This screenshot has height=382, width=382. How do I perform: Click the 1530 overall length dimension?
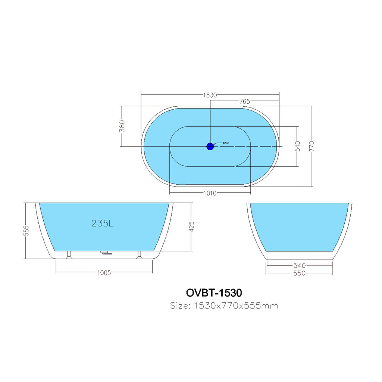(210, 95)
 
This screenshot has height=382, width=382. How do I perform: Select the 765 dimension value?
(245, 101)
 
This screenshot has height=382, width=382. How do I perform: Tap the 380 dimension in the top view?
(122, 126)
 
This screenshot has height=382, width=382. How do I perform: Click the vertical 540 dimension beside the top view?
(297, 146)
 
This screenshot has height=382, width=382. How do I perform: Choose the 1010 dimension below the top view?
(210, 194)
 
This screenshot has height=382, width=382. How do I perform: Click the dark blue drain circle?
(210, 146)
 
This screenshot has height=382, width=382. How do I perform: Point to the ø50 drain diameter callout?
(226, 143)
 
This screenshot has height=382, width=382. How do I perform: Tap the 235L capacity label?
(102, 223)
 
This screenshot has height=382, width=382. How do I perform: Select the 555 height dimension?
(26, 231)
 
